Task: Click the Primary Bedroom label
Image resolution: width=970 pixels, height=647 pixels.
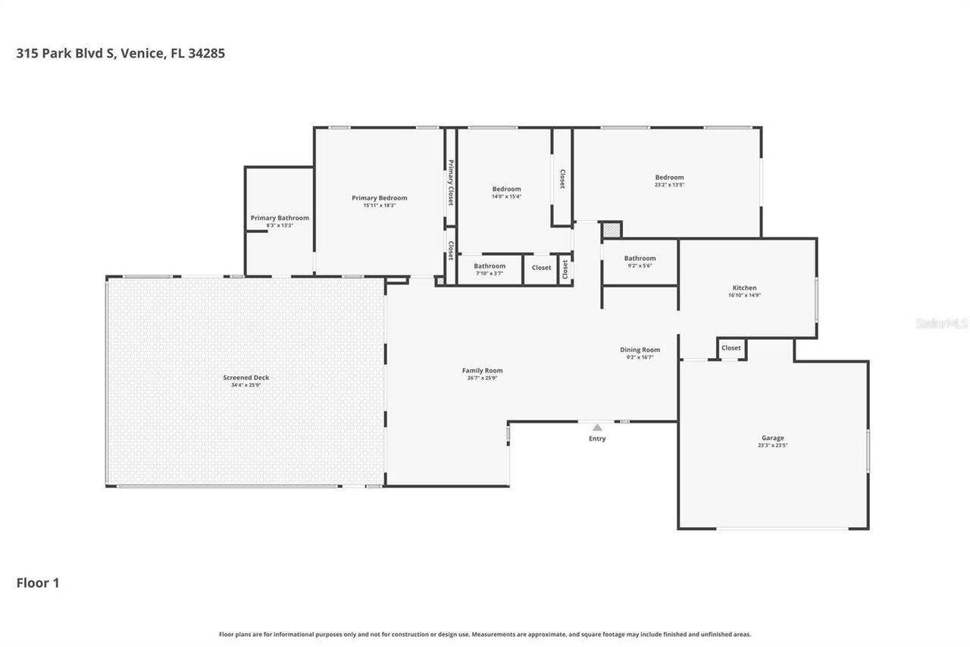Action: (379, 198)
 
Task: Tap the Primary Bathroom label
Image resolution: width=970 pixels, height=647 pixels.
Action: (280, 218)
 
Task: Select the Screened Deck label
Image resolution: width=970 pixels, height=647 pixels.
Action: (246, 378)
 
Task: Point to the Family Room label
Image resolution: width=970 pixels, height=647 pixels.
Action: (482, 371)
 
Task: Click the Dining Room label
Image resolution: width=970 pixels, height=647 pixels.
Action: (640, 350)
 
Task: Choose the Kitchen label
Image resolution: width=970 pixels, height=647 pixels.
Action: (744, 287)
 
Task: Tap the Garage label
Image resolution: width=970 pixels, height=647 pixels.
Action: (772, 438)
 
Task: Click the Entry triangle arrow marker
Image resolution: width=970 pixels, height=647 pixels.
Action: (597, 428)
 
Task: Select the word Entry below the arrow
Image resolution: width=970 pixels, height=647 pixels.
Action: (597, 438)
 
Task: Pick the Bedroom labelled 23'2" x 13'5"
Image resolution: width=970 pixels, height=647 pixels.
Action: (669, 177)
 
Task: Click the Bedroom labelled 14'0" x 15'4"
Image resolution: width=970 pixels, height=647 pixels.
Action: (506, 189)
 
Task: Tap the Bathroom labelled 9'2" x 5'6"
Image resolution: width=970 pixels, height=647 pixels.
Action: (640, 259)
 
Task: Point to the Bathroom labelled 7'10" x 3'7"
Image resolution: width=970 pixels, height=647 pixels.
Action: (490, 266)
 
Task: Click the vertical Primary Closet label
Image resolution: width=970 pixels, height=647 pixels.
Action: (450, 183)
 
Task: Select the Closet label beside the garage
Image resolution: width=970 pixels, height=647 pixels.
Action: (731, 348)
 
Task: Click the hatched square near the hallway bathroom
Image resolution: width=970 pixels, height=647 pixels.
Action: (611, 230)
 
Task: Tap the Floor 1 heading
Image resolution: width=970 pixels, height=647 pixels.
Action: (38, 583)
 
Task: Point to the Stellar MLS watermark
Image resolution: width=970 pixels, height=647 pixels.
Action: (941, 323)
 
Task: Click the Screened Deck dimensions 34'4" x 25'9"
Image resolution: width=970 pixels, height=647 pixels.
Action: (246, 385)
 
